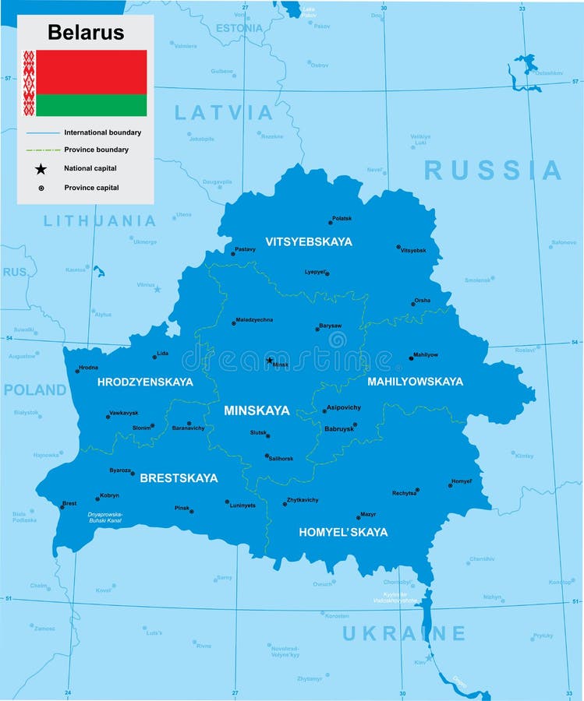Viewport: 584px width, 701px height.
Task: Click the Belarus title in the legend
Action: [x=86, y=32]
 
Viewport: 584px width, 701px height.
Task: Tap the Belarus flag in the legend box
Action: [x=85, y=83]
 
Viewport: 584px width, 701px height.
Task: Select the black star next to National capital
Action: [x=41, y=168]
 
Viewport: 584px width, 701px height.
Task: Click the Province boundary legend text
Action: [x=96, y=150]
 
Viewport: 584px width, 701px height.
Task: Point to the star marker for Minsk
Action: [x=270, y=361]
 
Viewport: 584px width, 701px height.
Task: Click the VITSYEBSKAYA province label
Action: [x=308, y=241]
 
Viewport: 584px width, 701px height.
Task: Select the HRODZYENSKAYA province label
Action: [x=145, y=382]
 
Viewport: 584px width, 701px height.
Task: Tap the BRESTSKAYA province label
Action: [x=179, y=478]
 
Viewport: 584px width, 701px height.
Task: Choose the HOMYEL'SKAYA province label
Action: [x=343, y=533]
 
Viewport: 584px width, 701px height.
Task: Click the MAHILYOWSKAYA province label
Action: [x=415, y=382]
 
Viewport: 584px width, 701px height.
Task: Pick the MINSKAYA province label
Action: [x=257, y=410]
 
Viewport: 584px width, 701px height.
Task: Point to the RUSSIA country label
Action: [x=493, y=171]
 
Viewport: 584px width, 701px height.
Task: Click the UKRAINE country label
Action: [x=404, y=633]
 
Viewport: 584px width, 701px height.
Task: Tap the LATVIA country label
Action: [x=223, y=113]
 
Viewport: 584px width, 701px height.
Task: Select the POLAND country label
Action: [x=35, y=390]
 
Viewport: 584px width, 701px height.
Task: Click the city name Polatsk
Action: [x=342, y=219]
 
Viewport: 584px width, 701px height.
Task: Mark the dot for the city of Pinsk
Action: [x=192, y=512]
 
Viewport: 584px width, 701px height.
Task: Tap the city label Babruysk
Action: [x=338, y=428]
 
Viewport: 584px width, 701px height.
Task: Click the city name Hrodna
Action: [x=89, y=367]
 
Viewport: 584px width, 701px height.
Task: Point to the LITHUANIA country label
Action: [x=100, y=221]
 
